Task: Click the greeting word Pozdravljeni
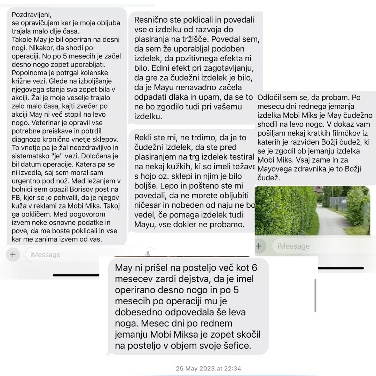[x=31, y=15]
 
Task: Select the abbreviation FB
[x=16, y=197]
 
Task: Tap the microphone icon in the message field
[x=148, y=254]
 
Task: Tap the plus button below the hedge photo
[x=259, y=246]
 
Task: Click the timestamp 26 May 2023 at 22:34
[x=208, y=368]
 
